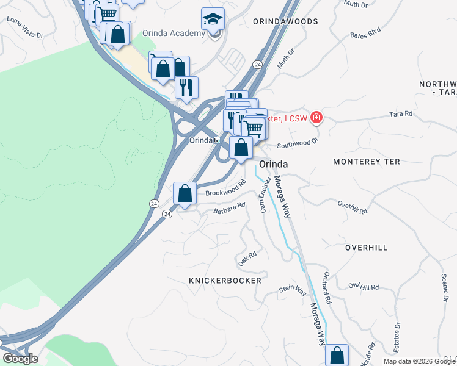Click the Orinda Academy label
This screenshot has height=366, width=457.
point(173,33)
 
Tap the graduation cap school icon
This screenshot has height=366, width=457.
point(213,19)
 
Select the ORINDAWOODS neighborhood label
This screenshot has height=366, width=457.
point(286,21)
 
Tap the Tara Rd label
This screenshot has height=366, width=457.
point(401,114)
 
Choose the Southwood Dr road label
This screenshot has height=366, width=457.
point(298,143)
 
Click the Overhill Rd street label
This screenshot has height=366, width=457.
point(352,208)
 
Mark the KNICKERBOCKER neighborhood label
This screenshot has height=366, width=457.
point(225,281)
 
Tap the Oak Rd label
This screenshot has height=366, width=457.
point(247,258)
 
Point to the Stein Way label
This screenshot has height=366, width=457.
point(292,291)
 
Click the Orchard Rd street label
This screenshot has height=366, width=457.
point(327,289)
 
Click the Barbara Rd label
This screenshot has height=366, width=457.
point(228,209)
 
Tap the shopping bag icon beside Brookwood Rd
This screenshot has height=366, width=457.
point(185,194)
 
